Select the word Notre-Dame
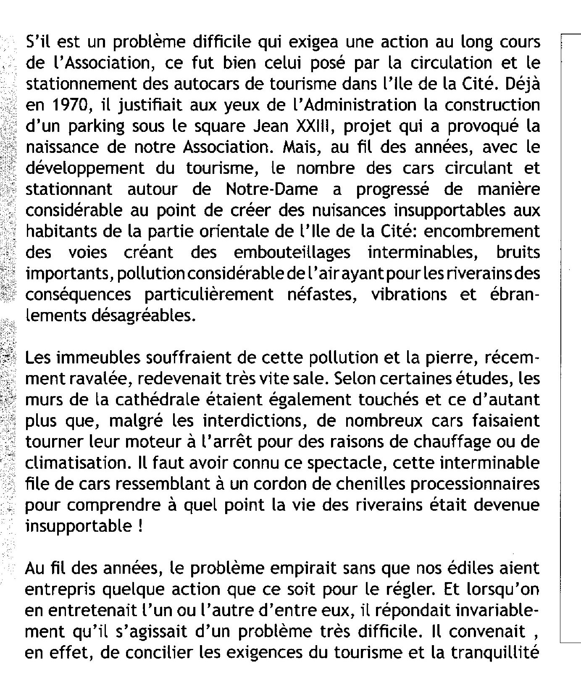(272, 189)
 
